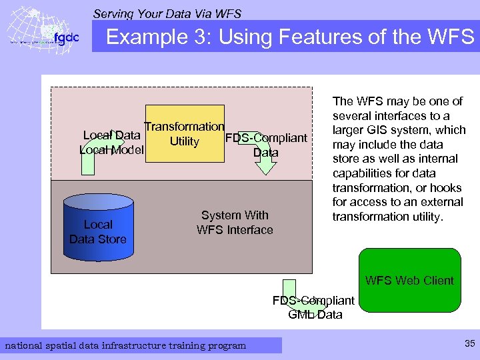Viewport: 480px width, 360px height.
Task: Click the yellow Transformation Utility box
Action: pos(185,133)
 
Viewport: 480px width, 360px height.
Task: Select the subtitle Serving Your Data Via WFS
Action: pos(167,13)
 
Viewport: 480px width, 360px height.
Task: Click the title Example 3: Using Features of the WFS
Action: pos(290,37)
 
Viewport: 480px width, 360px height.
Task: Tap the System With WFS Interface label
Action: pos(235,223)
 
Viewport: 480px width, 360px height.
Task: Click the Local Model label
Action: pos(111,150)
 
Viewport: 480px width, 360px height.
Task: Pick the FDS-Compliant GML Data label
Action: pos(314,307)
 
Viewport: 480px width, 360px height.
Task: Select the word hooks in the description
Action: pos(443,188)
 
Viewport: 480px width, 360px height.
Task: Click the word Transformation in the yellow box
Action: pos(185,127)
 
